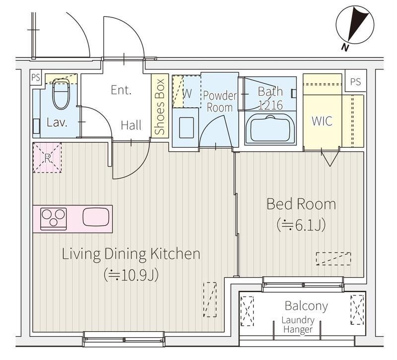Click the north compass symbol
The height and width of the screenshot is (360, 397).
[355, 25]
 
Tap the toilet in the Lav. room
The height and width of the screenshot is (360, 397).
[61, 94]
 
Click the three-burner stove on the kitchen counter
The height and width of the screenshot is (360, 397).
[54, 219]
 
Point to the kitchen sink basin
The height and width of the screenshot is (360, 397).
[96, 217]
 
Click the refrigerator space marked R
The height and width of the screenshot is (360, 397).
[47, 158]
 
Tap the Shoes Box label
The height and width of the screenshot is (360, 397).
[160, 107]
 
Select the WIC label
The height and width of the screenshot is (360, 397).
[322, 121]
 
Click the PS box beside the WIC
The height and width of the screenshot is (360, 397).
[356, 82]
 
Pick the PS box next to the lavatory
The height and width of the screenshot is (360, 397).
[36, 77]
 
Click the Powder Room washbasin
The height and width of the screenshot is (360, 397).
[187, 127]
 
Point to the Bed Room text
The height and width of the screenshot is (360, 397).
[301, 204]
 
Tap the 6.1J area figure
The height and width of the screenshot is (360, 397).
[301, 225]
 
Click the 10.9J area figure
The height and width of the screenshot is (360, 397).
[131, 275]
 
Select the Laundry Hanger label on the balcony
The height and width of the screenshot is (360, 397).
[298, 325]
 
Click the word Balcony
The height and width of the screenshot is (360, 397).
[306, 305]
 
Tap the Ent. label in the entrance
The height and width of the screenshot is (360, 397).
[121, 90]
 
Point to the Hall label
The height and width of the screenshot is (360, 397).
[131, 125]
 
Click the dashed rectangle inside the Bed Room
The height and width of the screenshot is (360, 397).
[333, 258]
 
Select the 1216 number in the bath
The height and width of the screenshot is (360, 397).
[270, 105]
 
